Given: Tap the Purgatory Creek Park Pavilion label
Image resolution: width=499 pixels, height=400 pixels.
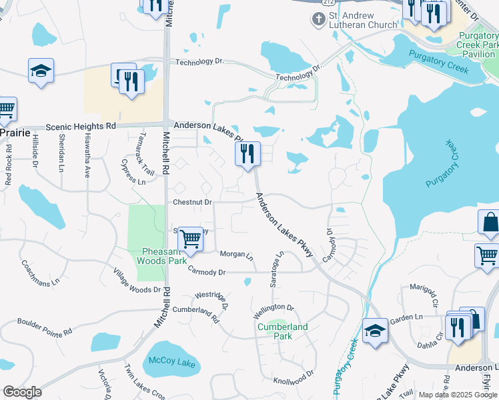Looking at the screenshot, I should (x=477, y=44).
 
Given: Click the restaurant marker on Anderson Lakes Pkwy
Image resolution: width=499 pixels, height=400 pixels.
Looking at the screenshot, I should (x=247, y=154).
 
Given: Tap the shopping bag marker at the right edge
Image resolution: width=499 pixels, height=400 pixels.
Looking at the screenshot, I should (x=490, y=223).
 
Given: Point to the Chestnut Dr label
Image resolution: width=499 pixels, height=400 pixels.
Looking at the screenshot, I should (x=192, y=201).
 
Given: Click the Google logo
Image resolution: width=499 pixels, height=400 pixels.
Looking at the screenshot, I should (x=22, y=392).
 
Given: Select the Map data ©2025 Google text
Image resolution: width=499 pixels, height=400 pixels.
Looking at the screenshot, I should (x=457, y=395).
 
